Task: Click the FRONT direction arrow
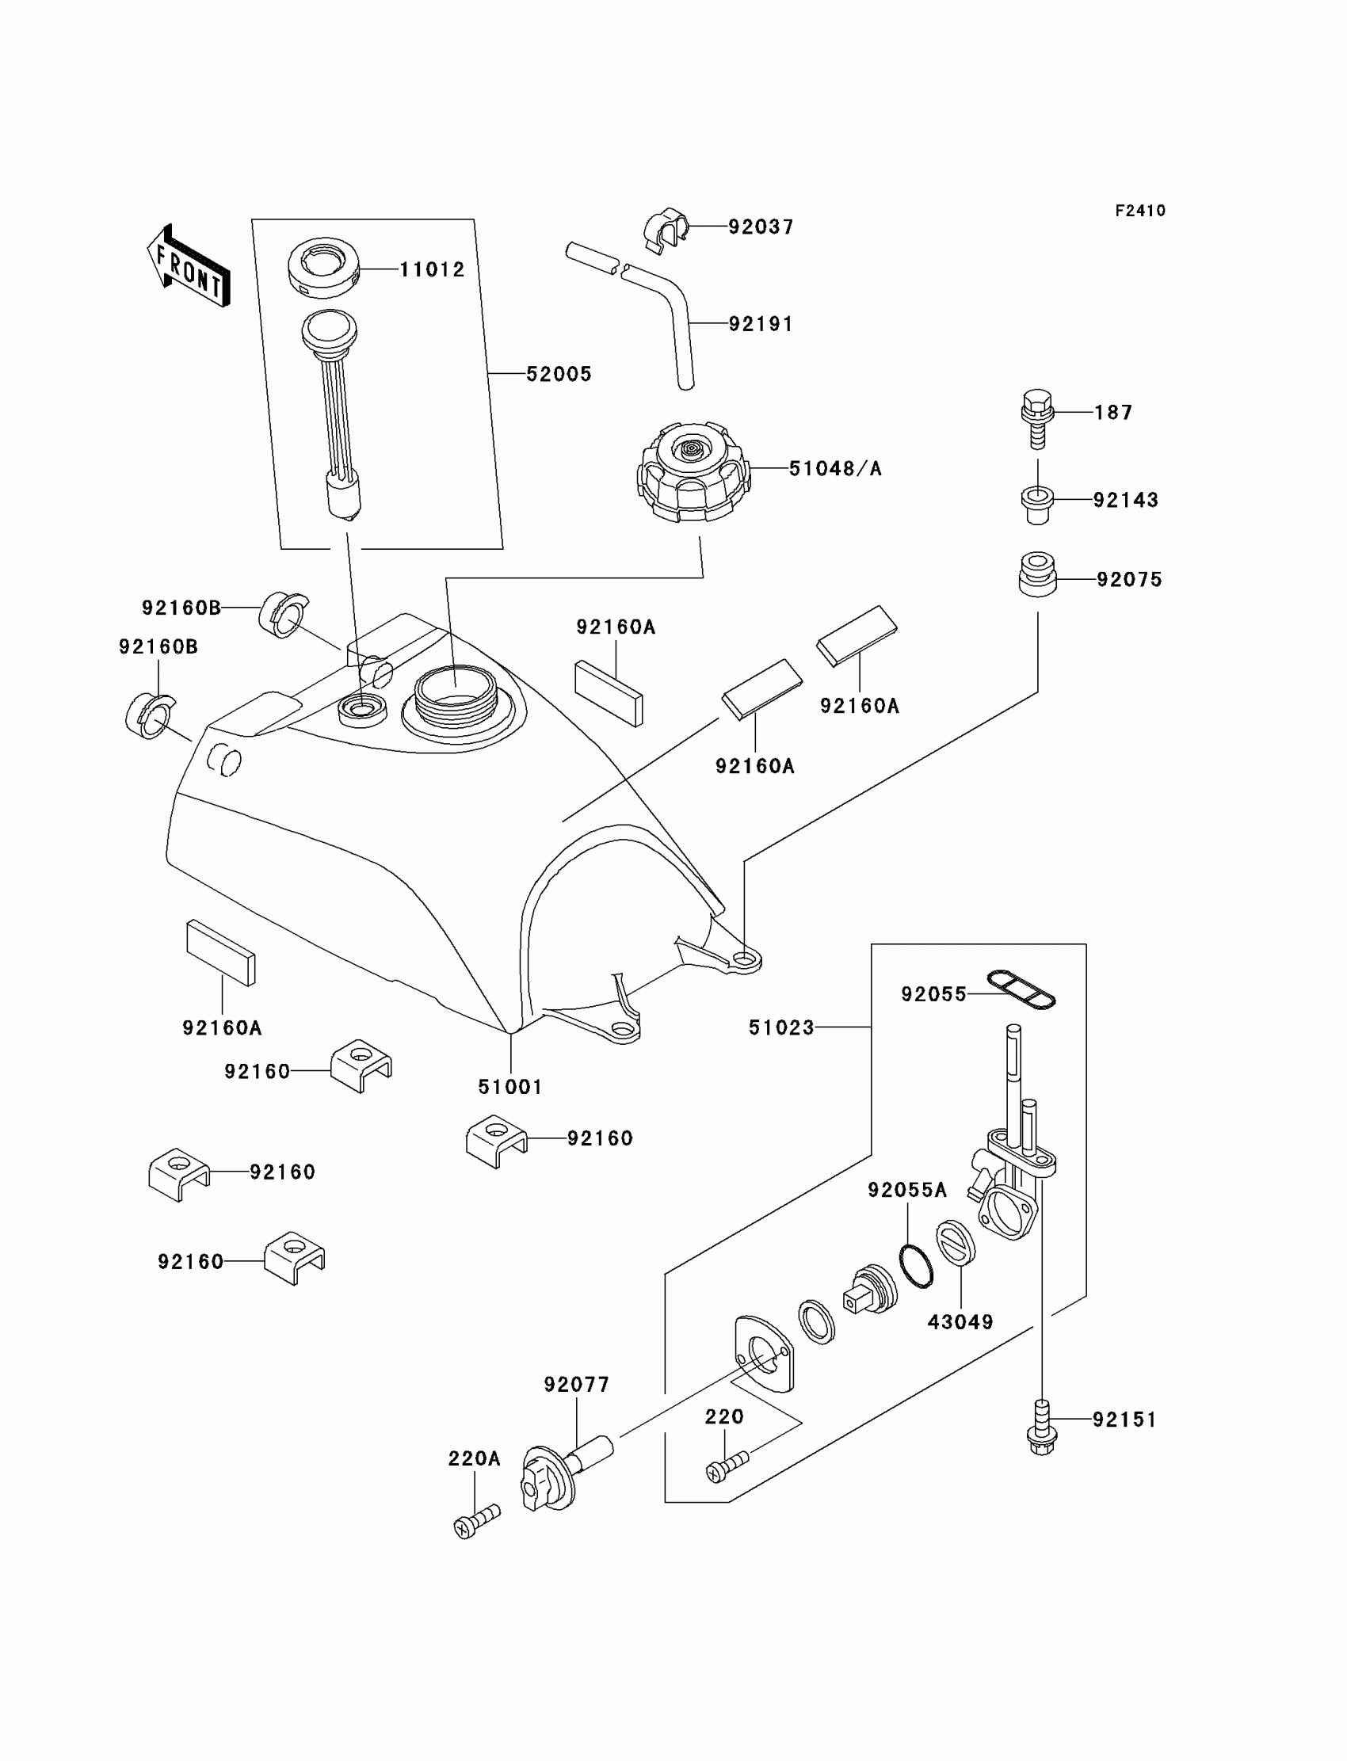coord(189,265)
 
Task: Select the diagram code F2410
coord(1140,211)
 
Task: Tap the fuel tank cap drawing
coord(693,474)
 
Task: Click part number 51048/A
coord(834,469)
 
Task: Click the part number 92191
coord(760,325)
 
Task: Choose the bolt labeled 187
coord(1036,418)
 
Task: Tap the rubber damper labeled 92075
coord(1037,574)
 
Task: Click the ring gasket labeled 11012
coord(323,267)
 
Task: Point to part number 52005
coord(559,375)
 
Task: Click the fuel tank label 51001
coord(510,1088)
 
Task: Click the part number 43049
coord(960,1323)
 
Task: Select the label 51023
coord(781,1027)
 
